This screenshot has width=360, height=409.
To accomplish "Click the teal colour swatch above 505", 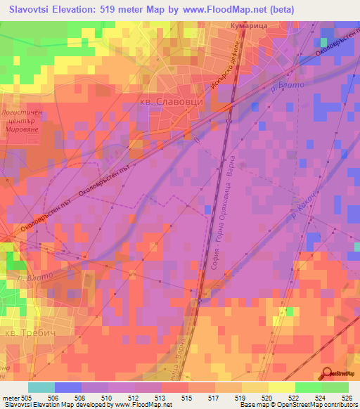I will pos(41,387).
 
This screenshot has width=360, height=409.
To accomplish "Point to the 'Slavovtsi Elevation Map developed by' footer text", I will pos(49,404).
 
